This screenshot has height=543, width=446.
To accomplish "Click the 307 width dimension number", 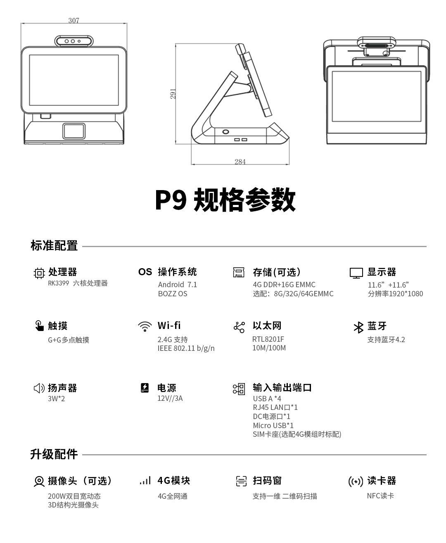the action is coord(74,20).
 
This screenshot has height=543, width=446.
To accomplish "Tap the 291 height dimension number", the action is coord(173,94).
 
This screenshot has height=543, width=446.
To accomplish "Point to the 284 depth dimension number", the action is coord(240,162).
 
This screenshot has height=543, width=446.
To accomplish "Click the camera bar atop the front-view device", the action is coord(74,41).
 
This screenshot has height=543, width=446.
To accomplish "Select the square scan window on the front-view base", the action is coord(74,131).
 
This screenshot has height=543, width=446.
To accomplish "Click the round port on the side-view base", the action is coord(225,132).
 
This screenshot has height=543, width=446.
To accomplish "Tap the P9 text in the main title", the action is coord(171,200).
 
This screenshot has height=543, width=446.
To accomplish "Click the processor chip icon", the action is coord(39,273).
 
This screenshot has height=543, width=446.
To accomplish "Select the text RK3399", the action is coord(58,283).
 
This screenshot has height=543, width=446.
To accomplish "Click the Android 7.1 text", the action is coord(177,284).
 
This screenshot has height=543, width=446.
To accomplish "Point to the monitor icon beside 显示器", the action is coord(356,273).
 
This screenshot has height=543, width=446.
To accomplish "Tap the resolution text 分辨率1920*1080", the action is coord(395,294).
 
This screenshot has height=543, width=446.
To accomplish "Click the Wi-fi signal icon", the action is coord(145,326).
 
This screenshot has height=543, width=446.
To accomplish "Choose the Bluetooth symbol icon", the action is coord(358,327).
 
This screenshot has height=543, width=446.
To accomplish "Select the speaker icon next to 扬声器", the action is coord(39,388).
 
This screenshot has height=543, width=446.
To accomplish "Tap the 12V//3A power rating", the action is coord(170,398).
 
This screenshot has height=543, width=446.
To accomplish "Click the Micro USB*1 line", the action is coord(273,425).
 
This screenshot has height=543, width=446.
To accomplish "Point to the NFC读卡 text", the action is coord(380,495).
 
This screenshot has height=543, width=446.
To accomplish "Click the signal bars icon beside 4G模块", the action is coord(145,481).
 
